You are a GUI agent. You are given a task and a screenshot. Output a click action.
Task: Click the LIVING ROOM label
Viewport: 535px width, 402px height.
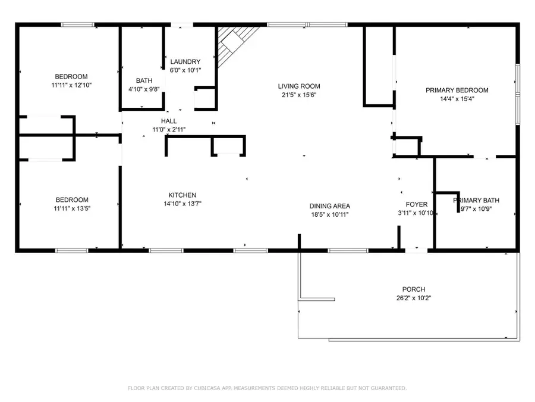(301, 86)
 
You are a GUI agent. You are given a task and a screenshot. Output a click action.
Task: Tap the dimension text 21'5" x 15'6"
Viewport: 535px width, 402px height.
(301, 95)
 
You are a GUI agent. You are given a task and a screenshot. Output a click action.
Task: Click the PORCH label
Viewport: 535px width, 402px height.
(413, 289)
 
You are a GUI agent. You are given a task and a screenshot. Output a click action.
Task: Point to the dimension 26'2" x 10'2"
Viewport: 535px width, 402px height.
(413, 298)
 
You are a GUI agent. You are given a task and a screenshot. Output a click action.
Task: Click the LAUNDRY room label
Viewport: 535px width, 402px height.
(185, 62)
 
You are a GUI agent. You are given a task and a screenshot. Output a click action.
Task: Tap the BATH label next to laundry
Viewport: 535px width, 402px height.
(144, 80)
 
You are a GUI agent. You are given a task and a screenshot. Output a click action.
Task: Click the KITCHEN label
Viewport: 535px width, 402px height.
(182, 195)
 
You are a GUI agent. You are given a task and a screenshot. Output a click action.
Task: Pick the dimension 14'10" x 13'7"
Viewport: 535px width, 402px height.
(182, 204)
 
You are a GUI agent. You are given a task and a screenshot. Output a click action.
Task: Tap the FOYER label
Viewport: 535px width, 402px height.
(417, 204)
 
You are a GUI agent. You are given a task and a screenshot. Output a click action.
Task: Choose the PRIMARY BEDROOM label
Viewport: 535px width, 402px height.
(457, 91)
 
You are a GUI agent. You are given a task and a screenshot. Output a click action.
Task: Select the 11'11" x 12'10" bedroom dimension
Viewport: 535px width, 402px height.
(71, 85)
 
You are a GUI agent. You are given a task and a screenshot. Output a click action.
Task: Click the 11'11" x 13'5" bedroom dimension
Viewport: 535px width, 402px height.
(72, 208)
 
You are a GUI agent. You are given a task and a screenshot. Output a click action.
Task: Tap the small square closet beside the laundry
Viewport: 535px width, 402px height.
(205, 98)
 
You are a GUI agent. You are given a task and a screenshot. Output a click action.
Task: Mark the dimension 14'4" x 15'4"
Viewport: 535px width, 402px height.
(457, 99)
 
